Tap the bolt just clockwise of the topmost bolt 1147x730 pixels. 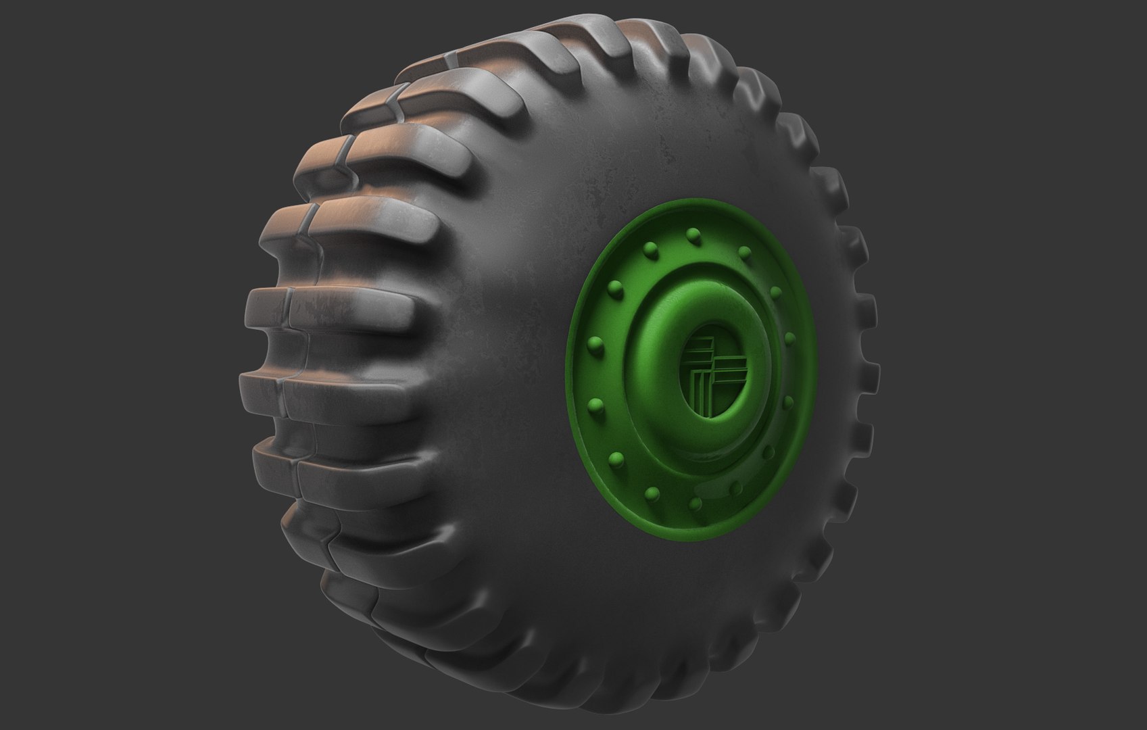coord(744,252)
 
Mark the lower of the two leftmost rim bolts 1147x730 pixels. coord(595,406)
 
